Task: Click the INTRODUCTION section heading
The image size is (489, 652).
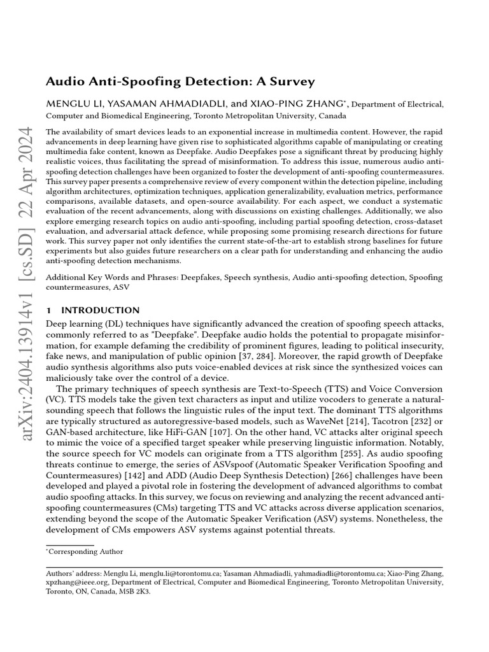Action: point(100,310)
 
